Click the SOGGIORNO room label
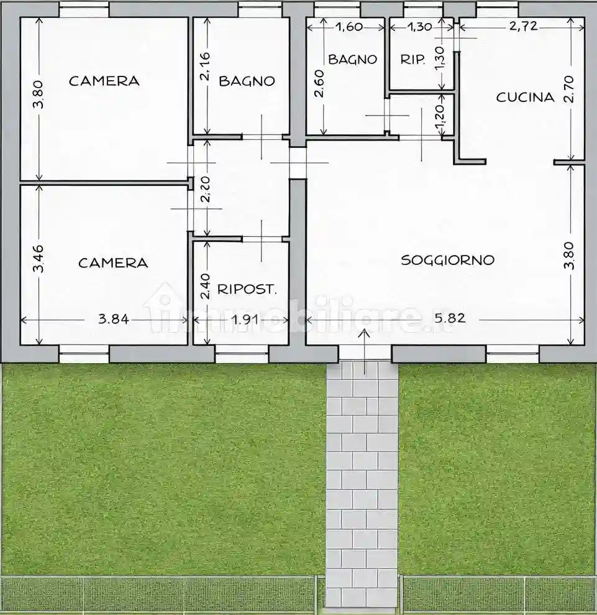point(447,260)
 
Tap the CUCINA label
point(525,97)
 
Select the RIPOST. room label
point(247,289)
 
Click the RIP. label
point(413,60)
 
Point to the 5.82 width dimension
point(450,318)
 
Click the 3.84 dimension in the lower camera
point(114,320)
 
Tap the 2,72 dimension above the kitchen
point(523,26)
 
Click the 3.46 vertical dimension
point(38,259)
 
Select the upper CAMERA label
point(104,81)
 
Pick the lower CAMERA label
point(113,263)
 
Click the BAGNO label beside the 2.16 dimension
point(247,81)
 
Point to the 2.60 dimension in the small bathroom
point(318,85)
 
